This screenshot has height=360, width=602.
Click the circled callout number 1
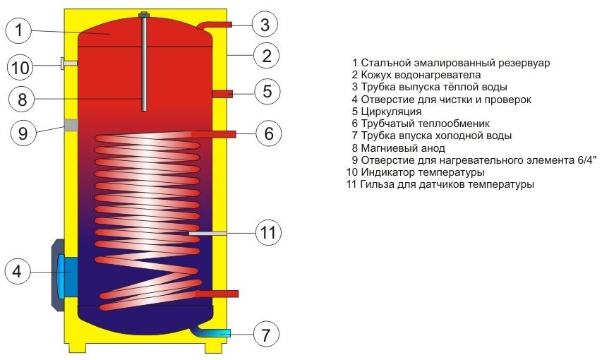[19, 30]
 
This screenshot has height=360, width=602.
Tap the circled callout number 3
[265, 25]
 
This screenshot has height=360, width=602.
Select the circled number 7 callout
[266, 335]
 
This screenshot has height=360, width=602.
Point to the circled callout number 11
[268, 232]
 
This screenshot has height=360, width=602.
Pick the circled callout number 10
[20, 68]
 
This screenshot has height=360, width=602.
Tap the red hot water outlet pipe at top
[215, 25]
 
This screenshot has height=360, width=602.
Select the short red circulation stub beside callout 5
[222, 94]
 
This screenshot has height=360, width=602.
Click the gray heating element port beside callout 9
[71, 125]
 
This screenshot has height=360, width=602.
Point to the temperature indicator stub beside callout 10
[69, 63]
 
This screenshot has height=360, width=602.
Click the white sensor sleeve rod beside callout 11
[207, 233]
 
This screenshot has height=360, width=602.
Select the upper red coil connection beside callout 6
[213, 134]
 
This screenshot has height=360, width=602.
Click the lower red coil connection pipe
[217, 294]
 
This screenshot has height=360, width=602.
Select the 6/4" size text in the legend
[587, 160]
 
